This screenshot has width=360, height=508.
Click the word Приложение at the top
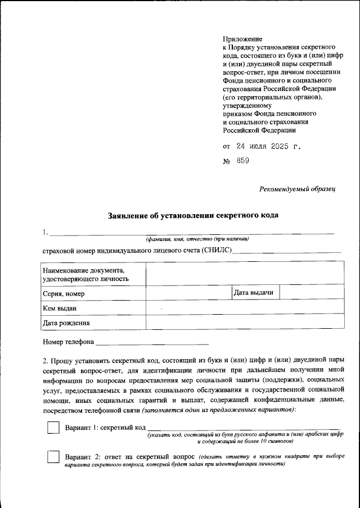243,39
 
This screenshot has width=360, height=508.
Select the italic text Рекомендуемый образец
298,189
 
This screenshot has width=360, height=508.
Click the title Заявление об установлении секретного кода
193,216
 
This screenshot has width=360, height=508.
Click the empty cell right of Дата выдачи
312,293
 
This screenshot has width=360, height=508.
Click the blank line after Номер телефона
152,342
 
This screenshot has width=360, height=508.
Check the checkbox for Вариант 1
53,428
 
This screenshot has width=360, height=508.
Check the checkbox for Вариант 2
53,457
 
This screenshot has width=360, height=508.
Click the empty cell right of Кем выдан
245,308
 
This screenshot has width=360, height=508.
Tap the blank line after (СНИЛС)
287,251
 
